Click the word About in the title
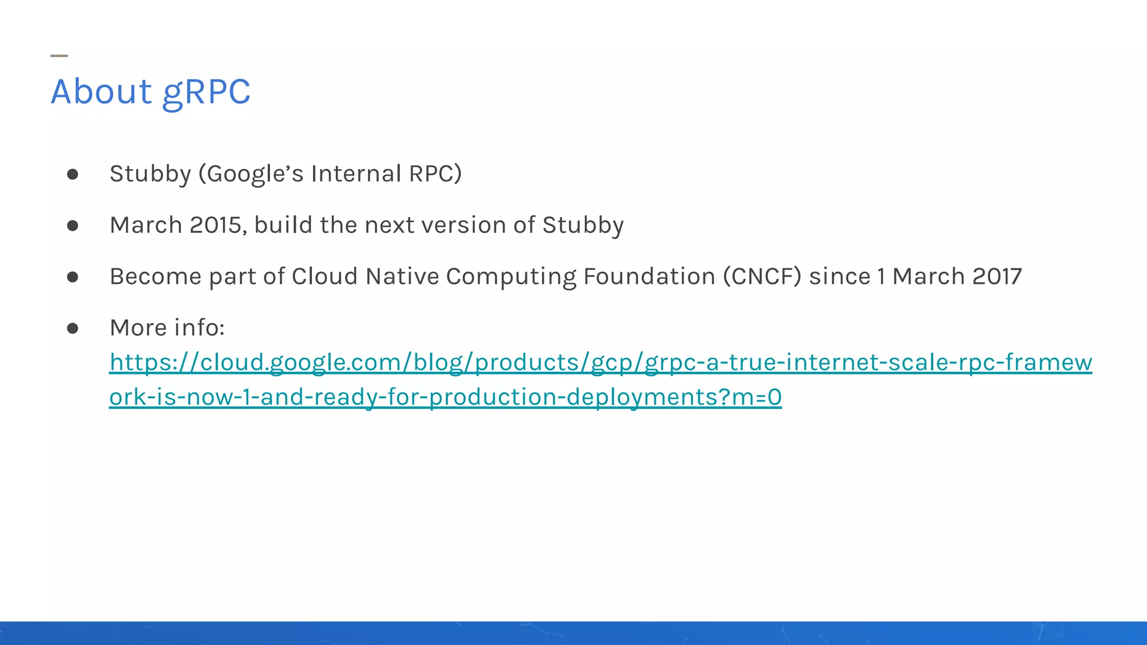click(x=101, y=91)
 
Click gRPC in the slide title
click(x=206, y=92)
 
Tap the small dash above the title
click(x=59, y=55)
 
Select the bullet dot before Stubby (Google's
click(x=72, y=175)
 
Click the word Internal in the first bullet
click(x=356, y=174)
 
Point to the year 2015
click(x=216, y=225)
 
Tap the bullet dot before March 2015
click(x=72, y=226)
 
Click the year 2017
click(x=997, y=277)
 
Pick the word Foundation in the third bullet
click(x=649, y=277)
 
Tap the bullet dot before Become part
click(x=72, y=277)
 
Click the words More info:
click(x=167, y=328)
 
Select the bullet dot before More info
click(x=72, y=328)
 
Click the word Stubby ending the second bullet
click(x=582, y=225)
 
